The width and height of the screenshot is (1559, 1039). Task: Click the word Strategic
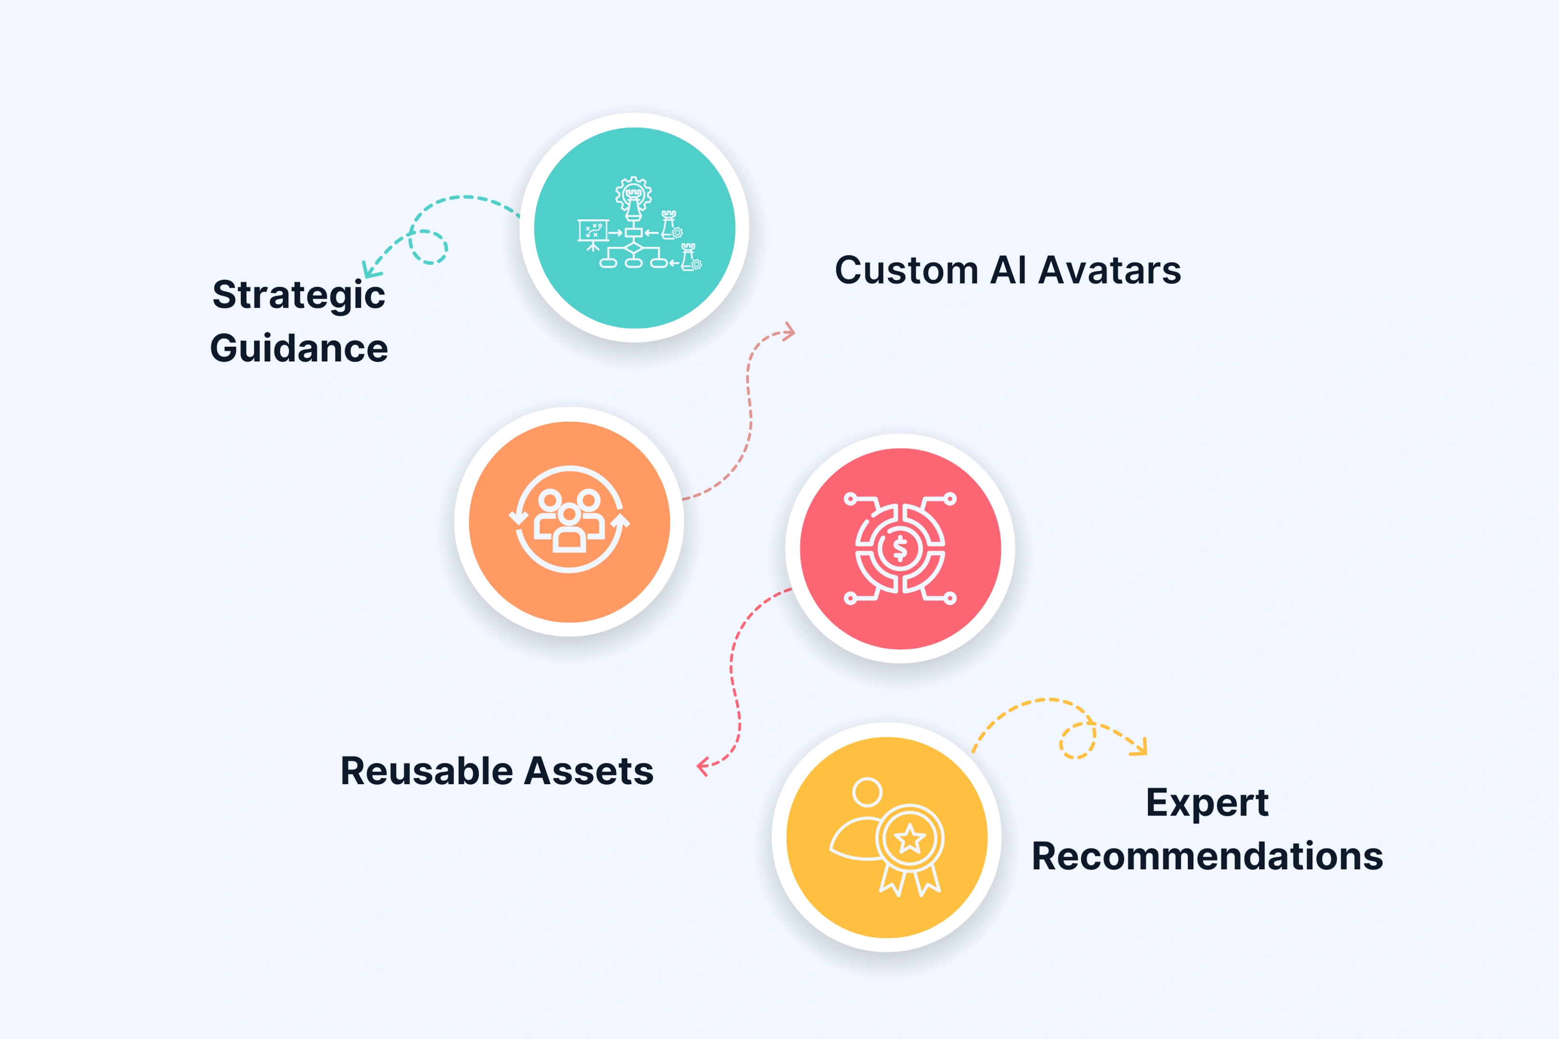(298, 295)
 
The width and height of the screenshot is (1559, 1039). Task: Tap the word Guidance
(299, 349)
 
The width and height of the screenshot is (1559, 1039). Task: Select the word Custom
(906, 270)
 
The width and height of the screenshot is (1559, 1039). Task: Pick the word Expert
(1207, 803)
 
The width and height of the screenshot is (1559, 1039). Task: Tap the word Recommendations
(1207, 856)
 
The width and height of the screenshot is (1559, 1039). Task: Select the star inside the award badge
(909, 839)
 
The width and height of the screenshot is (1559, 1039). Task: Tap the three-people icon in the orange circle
(569, 521)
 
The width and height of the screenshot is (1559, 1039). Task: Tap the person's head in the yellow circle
(867, 792)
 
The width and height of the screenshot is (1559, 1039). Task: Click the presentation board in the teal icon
(593, 231)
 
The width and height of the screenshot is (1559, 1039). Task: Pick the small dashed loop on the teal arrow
(428, 247)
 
